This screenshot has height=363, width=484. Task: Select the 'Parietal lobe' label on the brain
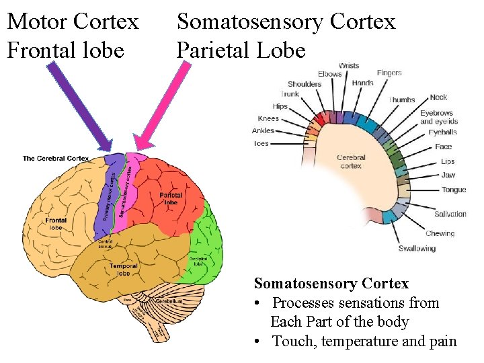171,198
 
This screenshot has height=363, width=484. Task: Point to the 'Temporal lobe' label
124,270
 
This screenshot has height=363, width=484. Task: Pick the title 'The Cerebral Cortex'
56,159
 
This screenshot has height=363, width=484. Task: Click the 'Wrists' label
349,66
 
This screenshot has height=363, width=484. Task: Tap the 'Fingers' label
389,73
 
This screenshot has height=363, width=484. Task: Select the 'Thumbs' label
402,99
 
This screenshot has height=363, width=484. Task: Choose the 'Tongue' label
454,190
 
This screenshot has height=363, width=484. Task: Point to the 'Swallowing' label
417,249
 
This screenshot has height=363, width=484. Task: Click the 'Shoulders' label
305,84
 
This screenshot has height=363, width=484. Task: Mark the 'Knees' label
268,119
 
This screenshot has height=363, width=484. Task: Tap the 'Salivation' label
450,214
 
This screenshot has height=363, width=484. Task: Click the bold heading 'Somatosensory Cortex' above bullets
331,284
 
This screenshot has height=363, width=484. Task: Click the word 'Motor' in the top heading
37,22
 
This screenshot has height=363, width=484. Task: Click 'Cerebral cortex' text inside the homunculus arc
351,161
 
